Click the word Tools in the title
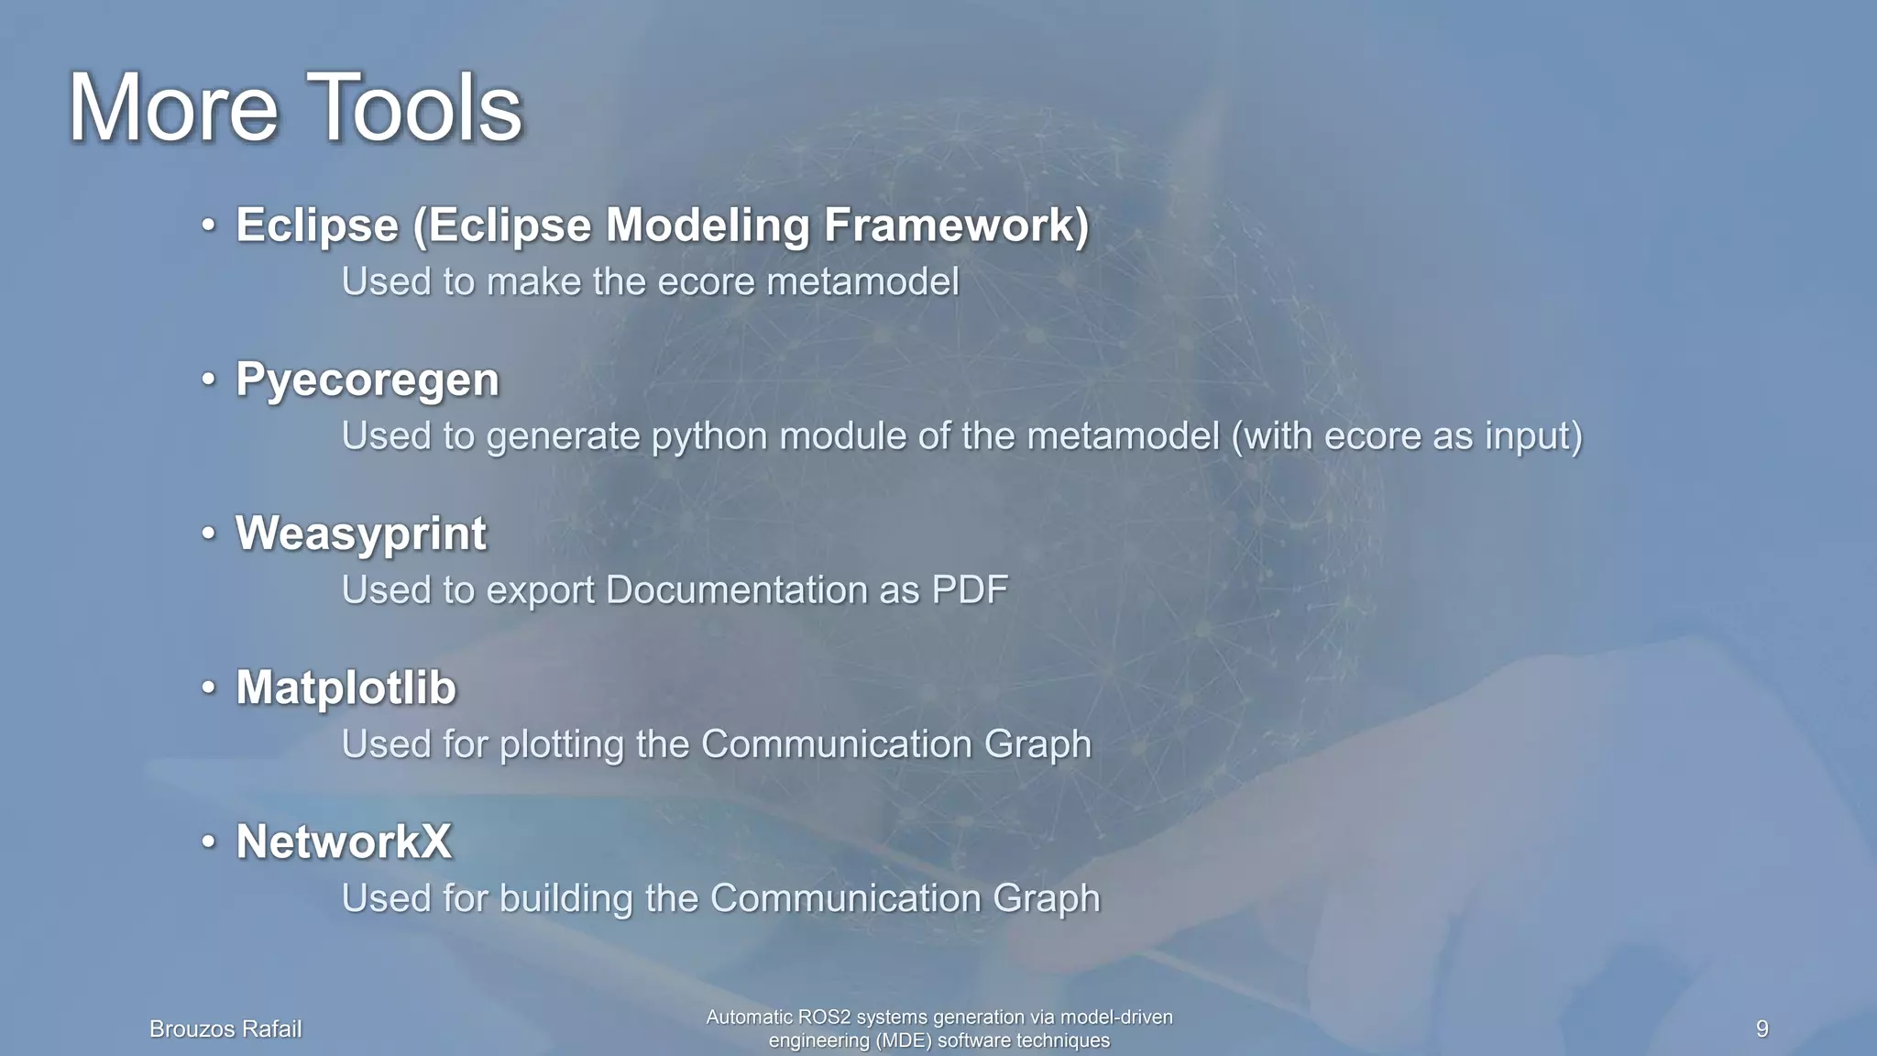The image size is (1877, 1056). tap(413, 108)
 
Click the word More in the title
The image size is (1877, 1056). tap(173, 108)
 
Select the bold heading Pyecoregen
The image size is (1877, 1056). tap(367, 379)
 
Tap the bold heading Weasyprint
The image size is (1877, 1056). tap(360, 533)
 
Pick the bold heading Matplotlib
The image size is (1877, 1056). tap(346, 687)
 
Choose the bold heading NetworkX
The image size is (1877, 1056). tap(344, 841)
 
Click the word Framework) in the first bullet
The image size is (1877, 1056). tap(956, 225)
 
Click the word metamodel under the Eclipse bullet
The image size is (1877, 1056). tap(862, 281)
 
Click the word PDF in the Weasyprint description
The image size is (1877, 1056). tap(970, 590)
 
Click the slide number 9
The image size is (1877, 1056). tap(1762, 1028)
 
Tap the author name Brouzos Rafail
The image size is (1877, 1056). tap(225, 1029)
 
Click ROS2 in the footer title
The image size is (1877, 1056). tap(823, 1017)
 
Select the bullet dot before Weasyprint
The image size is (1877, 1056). tap(209, 533)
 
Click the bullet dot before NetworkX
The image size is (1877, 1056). tap(209, 841)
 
